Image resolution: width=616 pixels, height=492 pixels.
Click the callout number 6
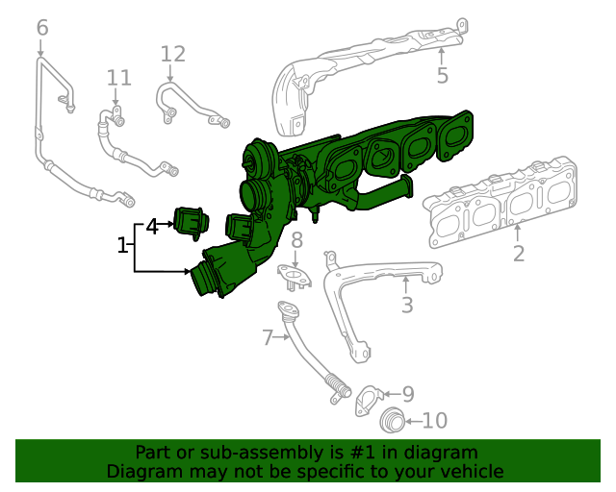42,28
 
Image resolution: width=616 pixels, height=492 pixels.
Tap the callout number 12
173,54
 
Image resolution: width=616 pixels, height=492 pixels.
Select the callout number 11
119,78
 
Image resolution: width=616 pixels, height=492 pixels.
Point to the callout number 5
443,75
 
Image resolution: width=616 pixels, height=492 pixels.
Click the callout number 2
519,254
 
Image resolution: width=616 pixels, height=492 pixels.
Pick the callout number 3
407,305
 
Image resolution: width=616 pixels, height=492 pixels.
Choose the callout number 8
296,239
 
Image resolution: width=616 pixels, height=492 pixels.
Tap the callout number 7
268,337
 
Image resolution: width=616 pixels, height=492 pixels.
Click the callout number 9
408,394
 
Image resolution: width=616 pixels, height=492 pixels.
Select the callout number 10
435,421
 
